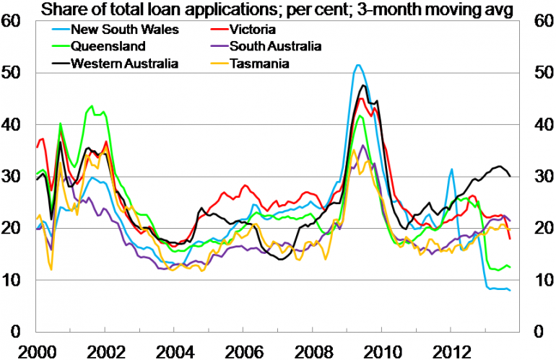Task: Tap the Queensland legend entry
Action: tap(108, 47)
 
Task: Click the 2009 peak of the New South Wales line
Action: tap(357, 65)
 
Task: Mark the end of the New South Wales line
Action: tap(511, 290)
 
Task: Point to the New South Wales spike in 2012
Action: tap(452, 170)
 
